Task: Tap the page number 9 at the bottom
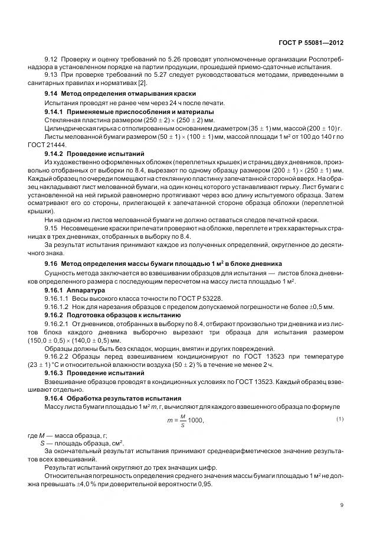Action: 343,505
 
